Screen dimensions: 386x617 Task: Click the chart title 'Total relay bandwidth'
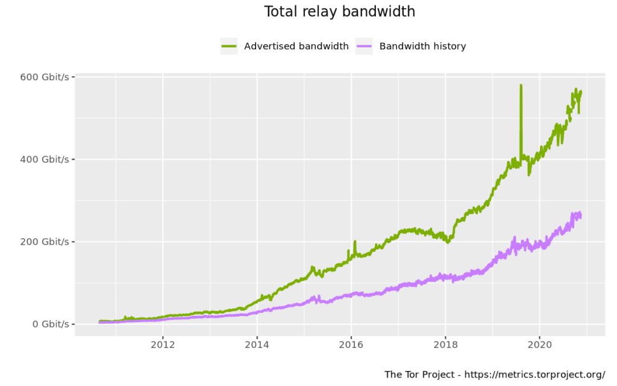tap(340, 11)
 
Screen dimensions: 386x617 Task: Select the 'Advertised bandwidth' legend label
tap(296, 46)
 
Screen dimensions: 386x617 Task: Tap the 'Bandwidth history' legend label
tap(422, 46)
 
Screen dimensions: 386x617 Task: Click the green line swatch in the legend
tap(229, 46)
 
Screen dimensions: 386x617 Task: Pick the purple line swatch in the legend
tap(364, 46)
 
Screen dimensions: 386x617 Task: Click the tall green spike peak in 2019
tap(521, 86)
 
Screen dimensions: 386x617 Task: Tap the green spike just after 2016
tap(355, 242)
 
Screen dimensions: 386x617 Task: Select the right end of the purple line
tap(580, 216)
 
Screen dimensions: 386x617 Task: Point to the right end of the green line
tap(581, 92)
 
